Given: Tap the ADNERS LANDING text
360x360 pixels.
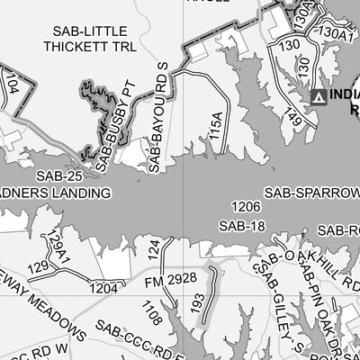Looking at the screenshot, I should [x=54, y=193].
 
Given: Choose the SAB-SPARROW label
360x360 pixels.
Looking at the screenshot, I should [x=311, y=193].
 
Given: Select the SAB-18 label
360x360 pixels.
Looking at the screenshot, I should [x=242, y=226].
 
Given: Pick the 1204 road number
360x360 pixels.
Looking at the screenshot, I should [x=103, y=288].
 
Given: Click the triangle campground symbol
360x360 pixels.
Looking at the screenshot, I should [x=317, y=96].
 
